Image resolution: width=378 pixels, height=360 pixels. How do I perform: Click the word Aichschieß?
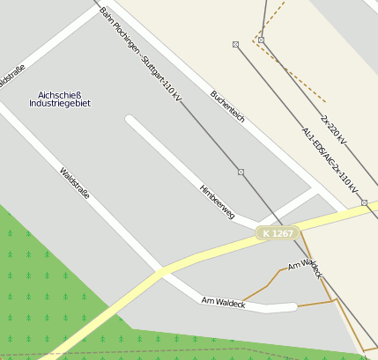(60, 94)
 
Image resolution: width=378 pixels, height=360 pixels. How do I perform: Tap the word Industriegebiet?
(60, 104)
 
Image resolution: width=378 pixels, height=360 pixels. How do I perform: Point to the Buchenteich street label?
(227, 107)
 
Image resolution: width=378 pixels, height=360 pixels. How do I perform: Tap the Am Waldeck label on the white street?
(222, 302)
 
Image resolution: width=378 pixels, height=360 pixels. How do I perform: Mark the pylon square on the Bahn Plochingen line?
(241, 171)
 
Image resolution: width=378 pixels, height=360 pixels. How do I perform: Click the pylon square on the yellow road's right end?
(364, 203)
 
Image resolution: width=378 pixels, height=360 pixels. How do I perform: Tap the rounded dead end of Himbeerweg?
(131, 121)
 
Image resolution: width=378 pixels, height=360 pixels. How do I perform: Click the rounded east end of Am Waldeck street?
(291, 306)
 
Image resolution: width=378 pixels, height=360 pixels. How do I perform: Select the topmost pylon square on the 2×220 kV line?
(262, 40)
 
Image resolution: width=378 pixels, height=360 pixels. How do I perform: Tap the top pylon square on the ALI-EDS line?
(235, 44)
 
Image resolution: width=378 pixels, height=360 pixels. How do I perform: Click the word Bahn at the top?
(107, 15)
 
